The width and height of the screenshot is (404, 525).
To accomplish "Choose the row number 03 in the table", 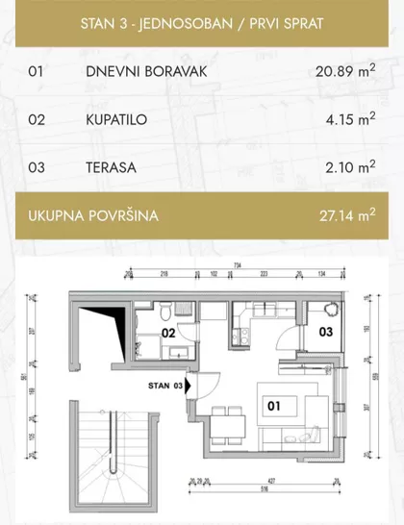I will (38, 167).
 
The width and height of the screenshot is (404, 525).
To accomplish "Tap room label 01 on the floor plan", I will (272, 407).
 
